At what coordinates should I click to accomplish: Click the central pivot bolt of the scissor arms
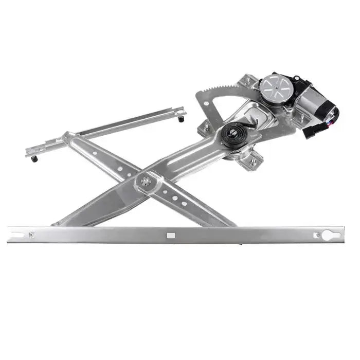(x=146, y=181)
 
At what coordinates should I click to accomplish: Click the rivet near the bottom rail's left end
(x=32, y=235)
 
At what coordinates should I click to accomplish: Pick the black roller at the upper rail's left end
(x=34, y=158)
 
